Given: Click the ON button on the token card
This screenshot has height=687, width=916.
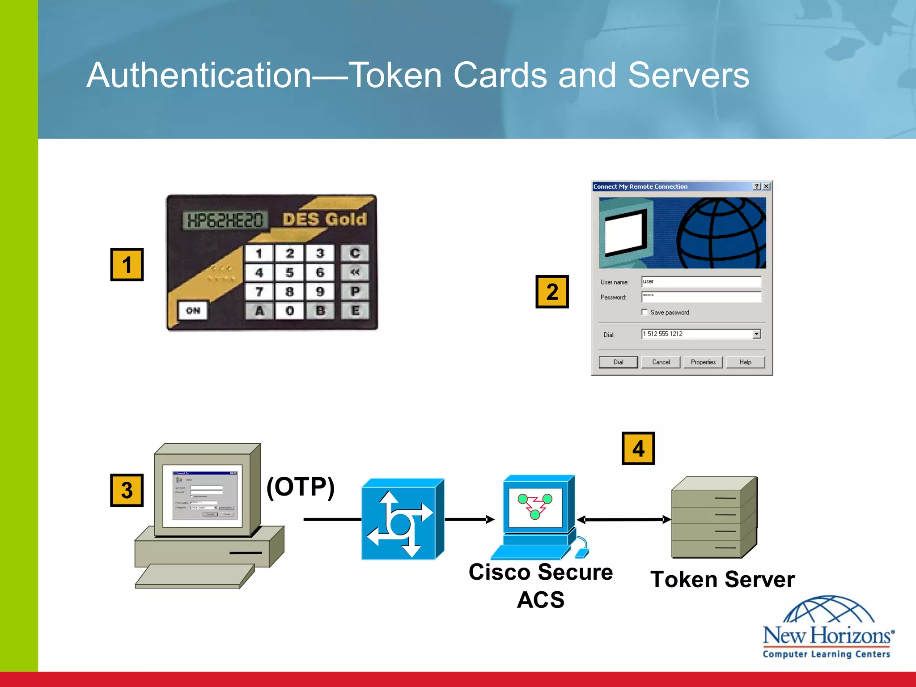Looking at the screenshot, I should click(x=193, y=310).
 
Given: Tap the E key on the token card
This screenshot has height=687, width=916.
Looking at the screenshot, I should click(x=355, y=310).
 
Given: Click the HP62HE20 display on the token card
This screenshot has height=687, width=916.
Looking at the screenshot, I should click(x=225, y=220).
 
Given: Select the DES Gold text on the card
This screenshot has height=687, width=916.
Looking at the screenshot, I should click(x=324, y=219).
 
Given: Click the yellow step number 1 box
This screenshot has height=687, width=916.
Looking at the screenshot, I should click(x=127, y=265).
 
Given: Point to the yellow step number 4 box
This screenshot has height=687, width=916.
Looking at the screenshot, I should click(x=638, y=448).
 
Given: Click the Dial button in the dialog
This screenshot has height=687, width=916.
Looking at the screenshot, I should click(x=618, y=362).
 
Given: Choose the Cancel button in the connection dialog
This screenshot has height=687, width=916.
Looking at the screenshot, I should click(x=661, y=362).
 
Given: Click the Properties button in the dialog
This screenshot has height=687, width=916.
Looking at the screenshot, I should click(x=703, y=362).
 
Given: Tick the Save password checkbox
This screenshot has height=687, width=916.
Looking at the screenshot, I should click(x=645, y=312).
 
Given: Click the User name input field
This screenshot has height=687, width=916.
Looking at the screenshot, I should click(x=701, y=281).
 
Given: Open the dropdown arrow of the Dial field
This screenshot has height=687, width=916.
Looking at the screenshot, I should click(x=756, y=334).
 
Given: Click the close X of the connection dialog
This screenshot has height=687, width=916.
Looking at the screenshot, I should click(x=766, y=187).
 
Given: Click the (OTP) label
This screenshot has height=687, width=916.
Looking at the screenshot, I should click(x=301, y=487).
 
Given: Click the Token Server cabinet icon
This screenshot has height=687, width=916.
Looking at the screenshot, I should click(x=714, y=518).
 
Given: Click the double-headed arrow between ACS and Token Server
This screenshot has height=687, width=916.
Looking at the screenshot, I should click(x=624, y=519).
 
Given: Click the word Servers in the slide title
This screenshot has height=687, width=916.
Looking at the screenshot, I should click(x=688, y=75).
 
